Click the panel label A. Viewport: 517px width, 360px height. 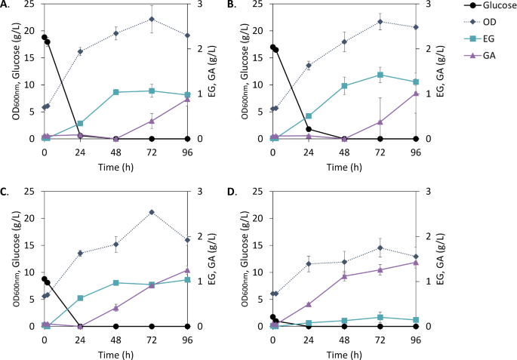coord(6,5)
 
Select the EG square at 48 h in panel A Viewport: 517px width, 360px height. coord(115,92)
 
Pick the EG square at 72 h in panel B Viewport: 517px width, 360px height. coord(380,75)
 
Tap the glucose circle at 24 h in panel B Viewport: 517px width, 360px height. coord(309,129)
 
